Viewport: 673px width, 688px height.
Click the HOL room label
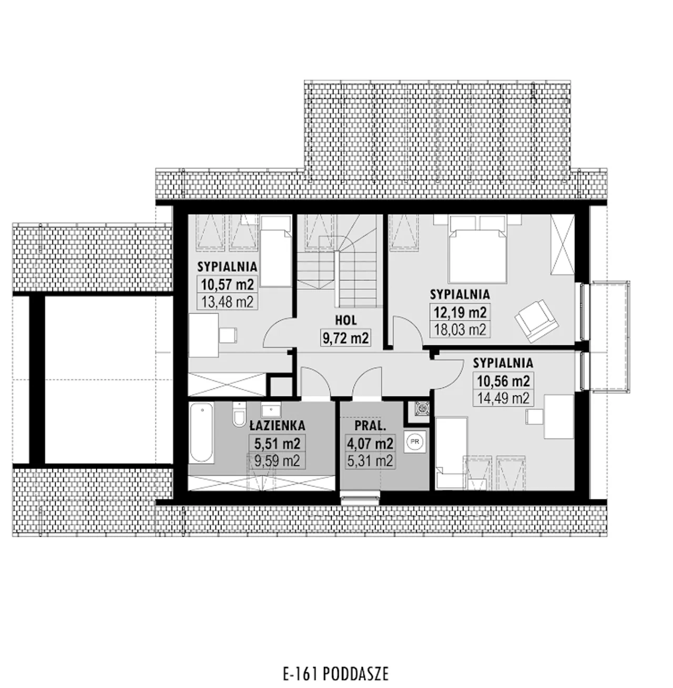coord(346,320)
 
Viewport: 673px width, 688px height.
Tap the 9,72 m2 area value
coord(345,338)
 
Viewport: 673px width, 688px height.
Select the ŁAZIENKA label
coord(277,425)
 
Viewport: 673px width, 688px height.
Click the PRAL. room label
coord(370,426)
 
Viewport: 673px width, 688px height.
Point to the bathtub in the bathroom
coord(201,433)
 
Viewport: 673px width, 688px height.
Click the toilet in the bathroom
coord(239,414)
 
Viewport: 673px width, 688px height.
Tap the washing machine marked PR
coord(414,441)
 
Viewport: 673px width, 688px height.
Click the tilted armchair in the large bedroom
coord(536,321)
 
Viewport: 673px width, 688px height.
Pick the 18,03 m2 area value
coord(460,330)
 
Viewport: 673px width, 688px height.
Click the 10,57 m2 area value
coord(227,284)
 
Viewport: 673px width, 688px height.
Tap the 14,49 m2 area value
coord(503,398)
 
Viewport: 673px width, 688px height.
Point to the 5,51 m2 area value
coord(277,444)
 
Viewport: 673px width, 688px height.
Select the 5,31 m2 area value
coord(370,460)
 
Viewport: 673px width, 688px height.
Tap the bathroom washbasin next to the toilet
coord(271,410)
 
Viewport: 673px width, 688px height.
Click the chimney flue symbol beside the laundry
coord(421,409)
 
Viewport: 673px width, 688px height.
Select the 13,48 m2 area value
coord(227,302)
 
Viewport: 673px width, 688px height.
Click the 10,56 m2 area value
coord(503,381)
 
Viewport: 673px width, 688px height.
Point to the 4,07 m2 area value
coord(370,444)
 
